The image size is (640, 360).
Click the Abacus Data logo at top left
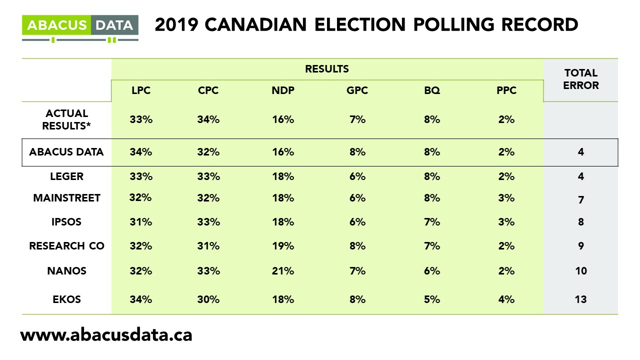(80, 27)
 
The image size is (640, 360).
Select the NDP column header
(282, 90)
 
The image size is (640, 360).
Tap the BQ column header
(431, 90)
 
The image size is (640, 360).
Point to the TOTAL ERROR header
(580, 79)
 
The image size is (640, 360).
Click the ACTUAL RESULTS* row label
(65, 120)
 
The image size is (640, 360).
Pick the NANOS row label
(66, 271)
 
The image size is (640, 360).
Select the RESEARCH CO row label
(66, 246)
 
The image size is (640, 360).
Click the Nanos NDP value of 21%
(282, 271)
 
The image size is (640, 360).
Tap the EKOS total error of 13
(580, 299)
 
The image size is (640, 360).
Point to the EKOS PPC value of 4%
(506, 299)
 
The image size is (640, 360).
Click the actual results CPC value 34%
(208, 120)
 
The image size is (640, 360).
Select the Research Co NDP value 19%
(282, 246)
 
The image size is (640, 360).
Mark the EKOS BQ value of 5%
(431, 299)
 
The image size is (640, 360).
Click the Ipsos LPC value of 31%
(140, 222)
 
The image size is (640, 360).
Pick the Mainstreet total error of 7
(580, 199)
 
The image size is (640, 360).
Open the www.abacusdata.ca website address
(106, 334)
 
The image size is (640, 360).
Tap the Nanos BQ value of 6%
(431, 271)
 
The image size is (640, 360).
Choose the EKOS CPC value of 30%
(208, 299)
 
